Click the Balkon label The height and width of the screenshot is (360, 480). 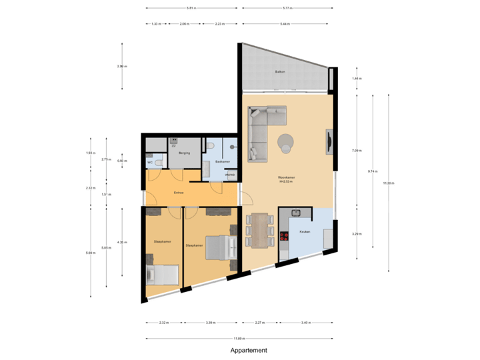pos(280,71)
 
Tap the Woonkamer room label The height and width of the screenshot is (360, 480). pos(287,177)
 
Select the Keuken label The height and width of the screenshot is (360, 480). pos(305,231)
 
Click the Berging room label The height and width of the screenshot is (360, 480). pos(185,153)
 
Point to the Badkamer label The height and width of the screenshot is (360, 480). pos(223,161)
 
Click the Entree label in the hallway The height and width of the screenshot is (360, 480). pos(179,193)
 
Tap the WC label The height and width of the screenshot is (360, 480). pos(149,161)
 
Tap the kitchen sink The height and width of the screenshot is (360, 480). pos(296,213)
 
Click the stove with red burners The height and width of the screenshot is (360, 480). pos(283,237)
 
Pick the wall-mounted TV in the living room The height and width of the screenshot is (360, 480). pos(329,142)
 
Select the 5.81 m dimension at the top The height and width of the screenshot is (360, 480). pos(191,8)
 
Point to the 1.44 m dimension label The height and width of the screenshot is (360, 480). pos(357,79)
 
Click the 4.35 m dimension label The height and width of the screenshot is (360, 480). pos(121,241)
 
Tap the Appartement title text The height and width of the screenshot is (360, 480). pos(249,350)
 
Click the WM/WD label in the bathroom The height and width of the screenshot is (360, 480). pos(229,175)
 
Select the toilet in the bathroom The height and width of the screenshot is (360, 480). pos(211,147)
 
